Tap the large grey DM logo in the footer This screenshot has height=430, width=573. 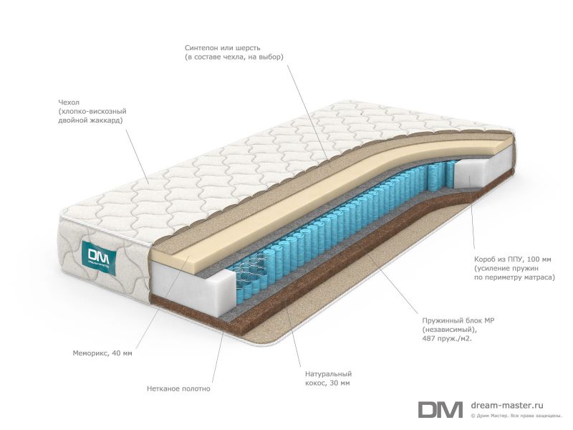coord(440,409)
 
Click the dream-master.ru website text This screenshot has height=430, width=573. coord(507,405)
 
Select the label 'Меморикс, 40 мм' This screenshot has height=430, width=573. coord(102,353)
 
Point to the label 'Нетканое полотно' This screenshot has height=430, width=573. coord(178,388)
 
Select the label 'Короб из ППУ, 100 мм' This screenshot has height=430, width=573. coord(512,259)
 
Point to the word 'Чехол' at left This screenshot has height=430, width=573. coord(68,102)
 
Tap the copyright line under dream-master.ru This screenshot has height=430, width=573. coord(516,416)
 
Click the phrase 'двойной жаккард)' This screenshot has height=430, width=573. coord(91,120)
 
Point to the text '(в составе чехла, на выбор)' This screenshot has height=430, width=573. coord(234,57)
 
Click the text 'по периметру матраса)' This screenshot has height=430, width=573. coord(514,277)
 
